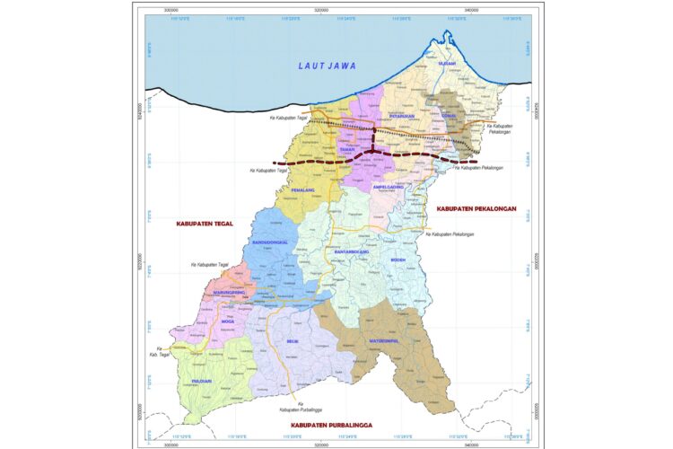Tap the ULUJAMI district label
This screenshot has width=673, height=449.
coord(448,90)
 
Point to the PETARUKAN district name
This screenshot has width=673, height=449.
coord(402,117)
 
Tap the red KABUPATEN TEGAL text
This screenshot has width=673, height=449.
coord(204,223)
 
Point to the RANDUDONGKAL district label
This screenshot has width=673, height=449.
coord(270,243)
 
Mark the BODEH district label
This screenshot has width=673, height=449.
coord(399,260)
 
